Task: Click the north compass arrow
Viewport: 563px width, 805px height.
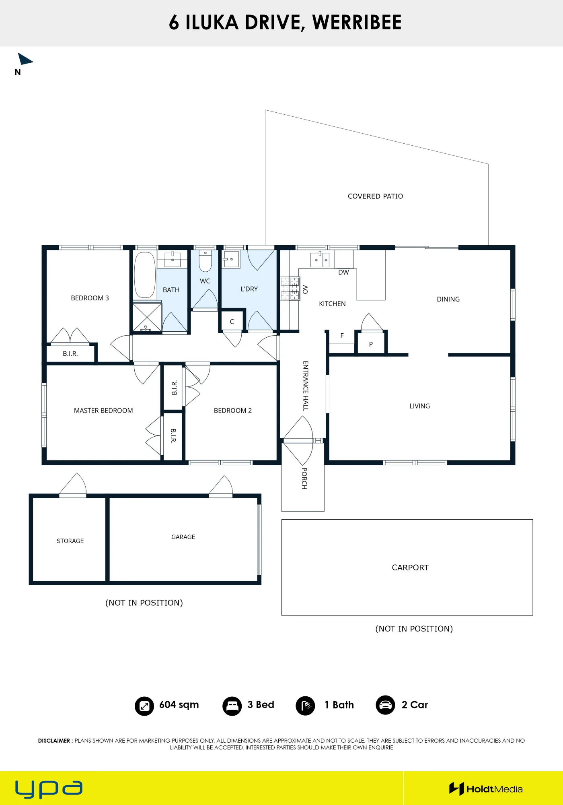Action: tap(25, 59)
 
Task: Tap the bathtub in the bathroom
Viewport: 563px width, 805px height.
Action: tap(145, 275)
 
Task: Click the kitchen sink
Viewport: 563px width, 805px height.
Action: tap(320, 260)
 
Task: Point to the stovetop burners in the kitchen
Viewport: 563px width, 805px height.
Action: tap(290, 288)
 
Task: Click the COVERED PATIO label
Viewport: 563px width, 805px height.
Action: tap(375, 196)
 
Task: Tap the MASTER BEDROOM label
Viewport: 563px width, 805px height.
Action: tap(103, 411)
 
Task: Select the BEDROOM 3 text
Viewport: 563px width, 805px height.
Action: tap(90, 298)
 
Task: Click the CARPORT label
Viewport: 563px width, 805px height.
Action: tap(410, 568)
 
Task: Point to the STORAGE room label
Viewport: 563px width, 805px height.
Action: tap(70, 541)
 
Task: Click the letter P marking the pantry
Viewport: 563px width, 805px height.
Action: tap(371, 345)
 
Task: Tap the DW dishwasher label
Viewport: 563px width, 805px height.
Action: tap(343, 272)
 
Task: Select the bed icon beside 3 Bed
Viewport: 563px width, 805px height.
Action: tap(232, 706)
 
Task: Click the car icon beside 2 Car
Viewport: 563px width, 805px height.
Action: tap(385, 705)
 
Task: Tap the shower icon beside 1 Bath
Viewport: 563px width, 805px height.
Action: tap(305, 706)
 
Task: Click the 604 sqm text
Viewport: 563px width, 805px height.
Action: tap(179, 705)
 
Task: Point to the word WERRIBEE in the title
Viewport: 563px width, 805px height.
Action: tap(357, 23)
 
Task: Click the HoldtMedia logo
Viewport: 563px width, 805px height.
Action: tap(486, 789)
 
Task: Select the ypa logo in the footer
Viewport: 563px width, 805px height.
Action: tap(49, 789)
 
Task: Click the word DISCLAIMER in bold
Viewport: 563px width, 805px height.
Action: tap(54, 741)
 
